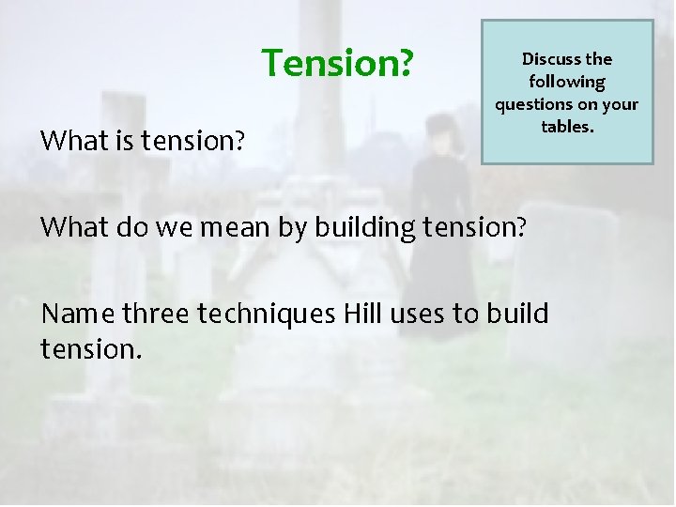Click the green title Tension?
coord(337,63)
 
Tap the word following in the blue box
coord(567,82)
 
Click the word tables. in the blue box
coord(567,126)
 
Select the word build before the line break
coord(516,313)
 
